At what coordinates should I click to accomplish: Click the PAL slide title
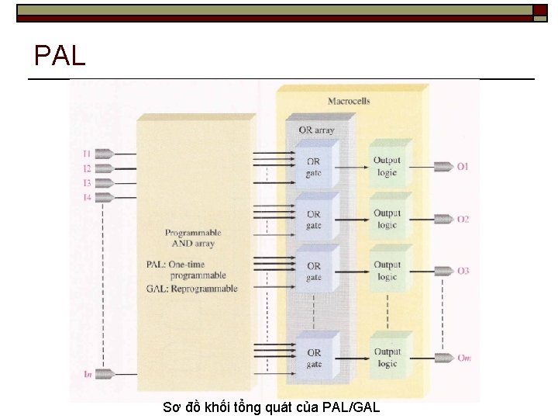[60, 56]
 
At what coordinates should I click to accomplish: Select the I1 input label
[87, 154]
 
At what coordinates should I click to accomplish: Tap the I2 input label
[87, 168]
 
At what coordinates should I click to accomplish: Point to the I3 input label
[87, 183]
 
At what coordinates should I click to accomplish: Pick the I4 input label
[87, 198]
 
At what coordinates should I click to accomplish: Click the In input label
[88, 374]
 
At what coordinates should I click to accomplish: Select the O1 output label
[463, 167]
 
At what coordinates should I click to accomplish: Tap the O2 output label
[463, 220]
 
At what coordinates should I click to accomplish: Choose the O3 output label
[463, 271]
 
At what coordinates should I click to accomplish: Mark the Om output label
[463, 358]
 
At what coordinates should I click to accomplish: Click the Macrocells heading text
[349, 101]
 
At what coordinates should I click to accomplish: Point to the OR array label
[316, 130]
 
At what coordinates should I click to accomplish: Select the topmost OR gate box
[313, 168]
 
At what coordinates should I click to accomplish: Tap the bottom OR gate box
[313, 358]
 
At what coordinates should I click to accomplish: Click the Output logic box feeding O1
[387, 167]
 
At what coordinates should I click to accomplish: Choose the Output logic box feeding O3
[387, 271]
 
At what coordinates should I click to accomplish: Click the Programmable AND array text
[193, 238]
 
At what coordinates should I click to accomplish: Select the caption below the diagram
[271, 407]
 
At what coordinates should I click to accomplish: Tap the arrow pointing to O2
[443, 220]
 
